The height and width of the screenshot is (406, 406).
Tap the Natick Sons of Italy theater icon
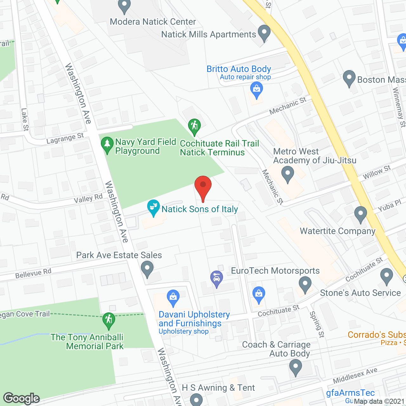pos(154,207)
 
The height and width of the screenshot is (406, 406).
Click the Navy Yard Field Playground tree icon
pos(107,144)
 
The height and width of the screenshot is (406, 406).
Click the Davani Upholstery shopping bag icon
pos(173,297)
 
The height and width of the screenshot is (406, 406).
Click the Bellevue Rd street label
pos(33,273)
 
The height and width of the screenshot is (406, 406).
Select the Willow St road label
pos(377,172)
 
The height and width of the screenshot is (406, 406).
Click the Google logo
pos(22,398)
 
